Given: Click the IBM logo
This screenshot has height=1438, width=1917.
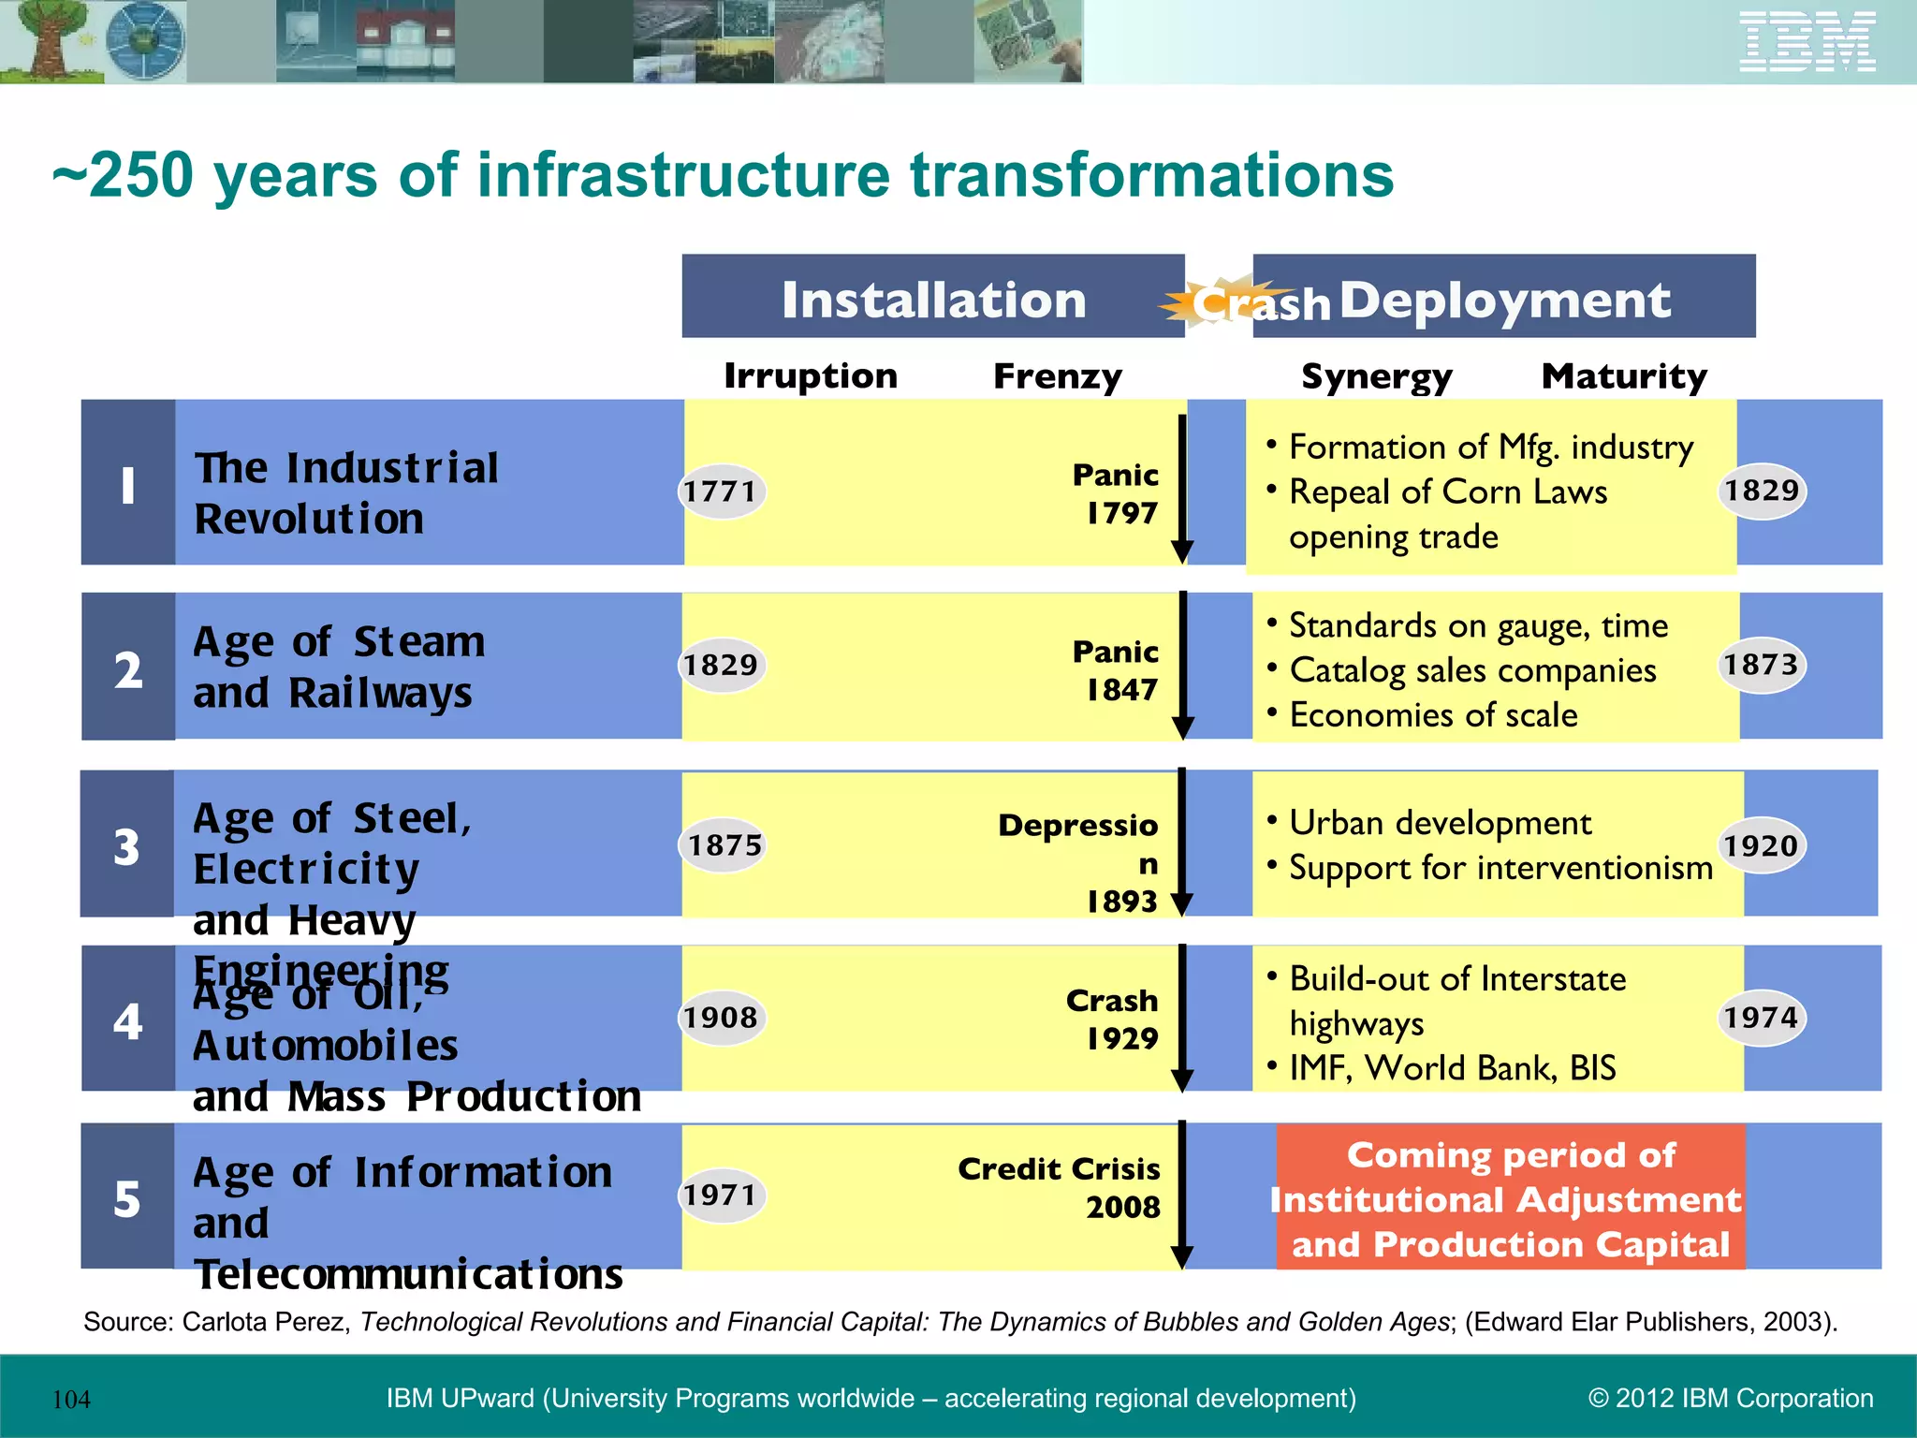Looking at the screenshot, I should tap(1807, 42).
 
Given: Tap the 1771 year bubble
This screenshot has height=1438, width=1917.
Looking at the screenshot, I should tap(720, 492).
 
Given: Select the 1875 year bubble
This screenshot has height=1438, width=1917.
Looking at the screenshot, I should tap(724, 845).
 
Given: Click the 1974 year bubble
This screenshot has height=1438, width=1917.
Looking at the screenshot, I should tap(1762, 1018).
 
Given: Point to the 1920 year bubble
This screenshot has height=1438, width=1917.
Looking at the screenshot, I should tap(1762, 846).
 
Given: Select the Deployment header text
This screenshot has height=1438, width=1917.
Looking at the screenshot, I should tap(1505, 301).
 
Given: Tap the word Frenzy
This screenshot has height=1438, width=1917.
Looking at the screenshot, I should tap(1057, 376).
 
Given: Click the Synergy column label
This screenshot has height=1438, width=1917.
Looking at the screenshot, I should tap(1377, 376).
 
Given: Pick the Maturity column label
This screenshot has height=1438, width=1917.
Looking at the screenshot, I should tap(1624, 376).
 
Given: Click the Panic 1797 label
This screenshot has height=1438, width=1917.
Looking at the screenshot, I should tap(1118, 493).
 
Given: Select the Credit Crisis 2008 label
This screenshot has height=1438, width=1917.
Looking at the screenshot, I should tap(1061, 1187).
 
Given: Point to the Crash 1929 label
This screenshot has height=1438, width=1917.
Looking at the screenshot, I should tap(1115, 1019).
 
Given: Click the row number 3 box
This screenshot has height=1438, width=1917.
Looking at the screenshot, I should tap(127, 845).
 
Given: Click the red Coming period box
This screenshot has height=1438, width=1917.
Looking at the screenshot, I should tap(1510, 1199).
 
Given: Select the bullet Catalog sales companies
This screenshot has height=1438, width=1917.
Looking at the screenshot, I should tap(1471, 671).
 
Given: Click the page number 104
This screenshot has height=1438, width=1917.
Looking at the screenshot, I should tap(71, 1400).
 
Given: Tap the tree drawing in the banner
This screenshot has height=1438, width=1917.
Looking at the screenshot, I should tap(44, 39).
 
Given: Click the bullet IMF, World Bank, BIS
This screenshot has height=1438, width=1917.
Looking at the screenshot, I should tap(1452, 1068).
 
